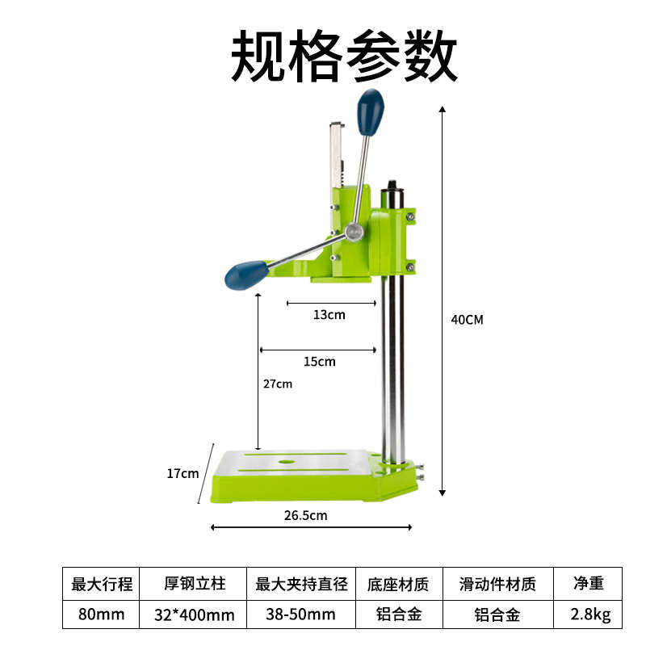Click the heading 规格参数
[x=344, y=57]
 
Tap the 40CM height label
[x=467, y=319]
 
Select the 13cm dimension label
[x=329, y=314]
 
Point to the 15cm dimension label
[x=319, y=361]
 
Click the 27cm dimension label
[x=278, y=384]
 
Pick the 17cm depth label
[x=182, y=473]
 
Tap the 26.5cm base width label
[x=307, y=514]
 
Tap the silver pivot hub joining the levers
[x=353, y=233]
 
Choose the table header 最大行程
[x=102, y=583]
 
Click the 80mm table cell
[x=102, y=615]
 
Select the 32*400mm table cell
[x=194, y=615]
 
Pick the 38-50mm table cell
[x=301, y=615]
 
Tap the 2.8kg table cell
[x=590, y=615]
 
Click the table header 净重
[x=590, y=583]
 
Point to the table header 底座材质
[x=399, y=583]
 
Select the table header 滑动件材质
[x=497, y=583]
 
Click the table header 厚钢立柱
[x=194, y=583]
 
